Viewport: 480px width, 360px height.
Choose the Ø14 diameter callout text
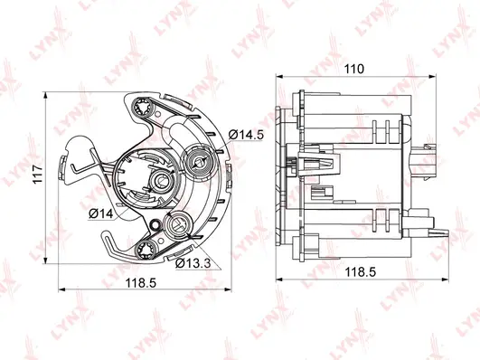pyautogui.click(x=101, y=213)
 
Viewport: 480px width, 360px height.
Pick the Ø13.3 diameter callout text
pyautogui.click(x=192, y=262)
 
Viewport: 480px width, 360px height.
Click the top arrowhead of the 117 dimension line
pyautogui.click(x=46, y=93)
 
